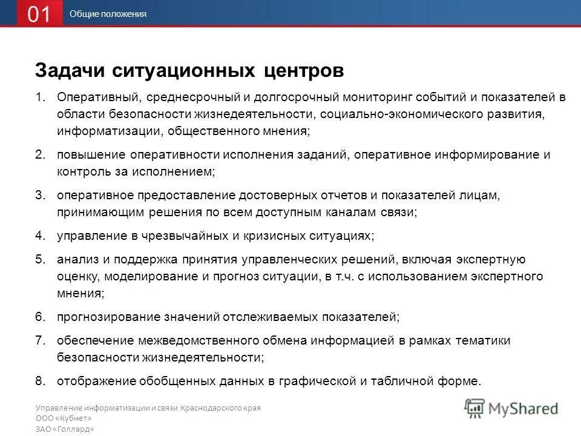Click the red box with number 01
pyautogui.click(x=39, y=14)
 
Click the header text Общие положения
pyautogui.click(x=108, y=14)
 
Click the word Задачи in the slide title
pyautogui.click(x=70, y=71)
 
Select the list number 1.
pyautogui.click(x=40, y=97)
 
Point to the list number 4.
pyautogui.click(x=40, y=236)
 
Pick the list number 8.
pyautogui.click(x=40, y=381)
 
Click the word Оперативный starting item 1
pyautogui.click(x=99, y=97)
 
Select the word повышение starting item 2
pyautogui.click(x=88, y=154)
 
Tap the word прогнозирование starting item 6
pyautogui.click(x=108, y=316)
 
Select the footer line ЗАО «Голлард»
pyautogui.click(x=65, y=429)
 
